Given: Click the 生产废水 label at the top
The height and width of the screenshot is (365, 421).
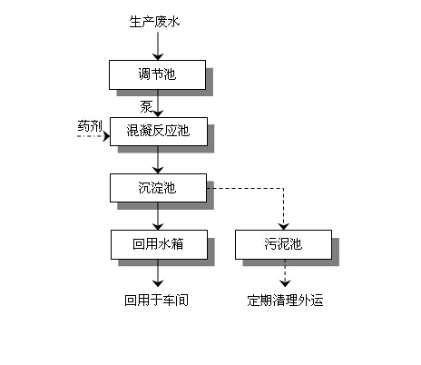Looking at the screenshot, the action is pos(154,22).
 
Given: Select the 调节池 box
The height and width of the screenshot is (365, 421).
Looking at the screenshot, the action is pos(157,74).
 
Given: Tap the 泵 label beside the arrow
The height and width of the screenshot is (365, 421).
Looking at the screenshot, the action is pos(146,107).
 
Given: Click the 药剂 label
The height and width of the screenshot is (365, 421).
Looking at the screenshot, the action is pos(90,126).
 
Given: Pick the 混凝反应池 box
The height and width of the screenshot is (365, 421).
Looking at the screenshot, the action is pos(159,132).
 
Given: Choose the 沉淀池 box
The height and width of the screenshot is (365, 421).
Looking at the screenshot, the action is pos(158,188).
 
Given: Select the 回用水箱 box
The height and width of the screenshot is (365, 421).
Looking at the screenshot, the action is pos(159,244).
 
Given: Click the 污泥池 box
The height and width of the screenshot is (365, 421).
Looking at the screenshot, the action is pos(283,244).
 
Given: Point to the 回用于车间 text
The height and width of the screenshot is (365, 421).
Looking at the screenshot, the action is pos(156,301).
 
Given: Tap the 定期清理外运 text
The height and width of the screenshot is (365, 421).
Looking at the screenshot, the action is pos(285,301).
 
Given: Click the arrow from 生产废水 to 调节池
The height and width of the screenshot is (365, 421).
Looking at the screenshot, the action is pos(158,46).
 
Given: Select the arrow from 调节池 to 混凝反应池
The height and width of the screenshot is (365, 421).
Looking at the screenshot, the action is pos(158,104).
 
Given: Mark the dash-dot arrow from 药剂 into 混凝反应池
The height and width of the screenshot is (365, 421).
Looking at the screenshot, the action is pos(93,136).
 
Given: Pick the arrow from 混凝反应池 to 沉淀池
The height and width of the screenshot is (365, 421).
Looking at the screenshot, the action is pos(158,160).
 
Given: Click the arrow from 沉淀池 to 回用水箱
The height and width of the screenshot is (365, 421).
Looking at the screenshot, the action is pos(158,216).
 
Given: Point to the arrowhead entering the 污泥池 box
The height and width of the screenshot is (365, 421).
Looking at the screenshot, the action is pos(284,226).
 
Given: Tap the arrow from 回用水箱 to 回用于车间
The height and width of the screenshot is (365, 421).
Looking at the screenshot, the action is pos(158,273).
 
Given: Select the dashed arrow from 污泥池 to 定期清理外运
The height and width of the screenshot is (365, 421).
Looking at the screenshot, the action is pos(285,273).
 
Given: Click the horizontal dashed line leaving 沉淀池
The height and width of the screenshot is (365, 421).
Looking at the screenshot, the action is pos(245,188).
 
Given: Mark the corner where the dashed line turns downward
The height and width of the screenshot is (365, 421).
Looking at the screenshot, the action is pos(284,188).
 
